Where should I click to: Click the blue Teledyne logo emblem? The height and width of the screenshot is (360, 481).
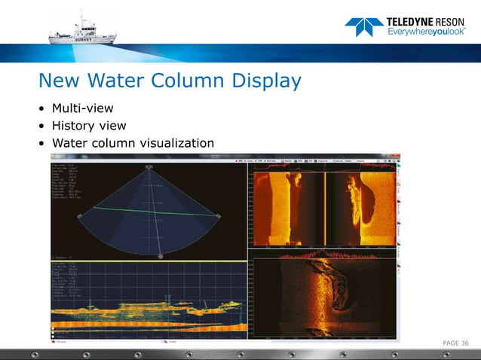tap(363, 27)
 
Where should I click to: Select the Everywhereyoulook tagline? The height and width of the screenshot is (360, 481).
tap(421, 32)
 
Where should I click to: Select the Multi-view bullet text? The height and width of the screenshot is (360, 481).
tap(82, 108)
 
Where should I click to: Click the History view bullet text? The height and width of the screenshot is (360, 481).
tap(89, 126)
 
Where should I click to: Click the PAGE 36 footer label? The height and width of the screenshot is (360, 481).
tap(455, 343)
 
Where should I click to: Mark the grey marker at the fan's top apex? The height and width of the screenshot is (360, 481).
tap(150, 166)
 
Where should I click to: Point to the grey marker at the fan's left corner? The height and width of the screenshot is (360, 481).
tap(79, 216)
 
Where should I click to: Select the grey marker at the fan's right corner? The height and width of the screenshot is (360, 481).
tap(219, 217)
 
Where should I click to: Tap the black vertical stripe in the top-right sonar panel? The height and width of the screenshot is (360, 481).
tap(324, 205)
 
